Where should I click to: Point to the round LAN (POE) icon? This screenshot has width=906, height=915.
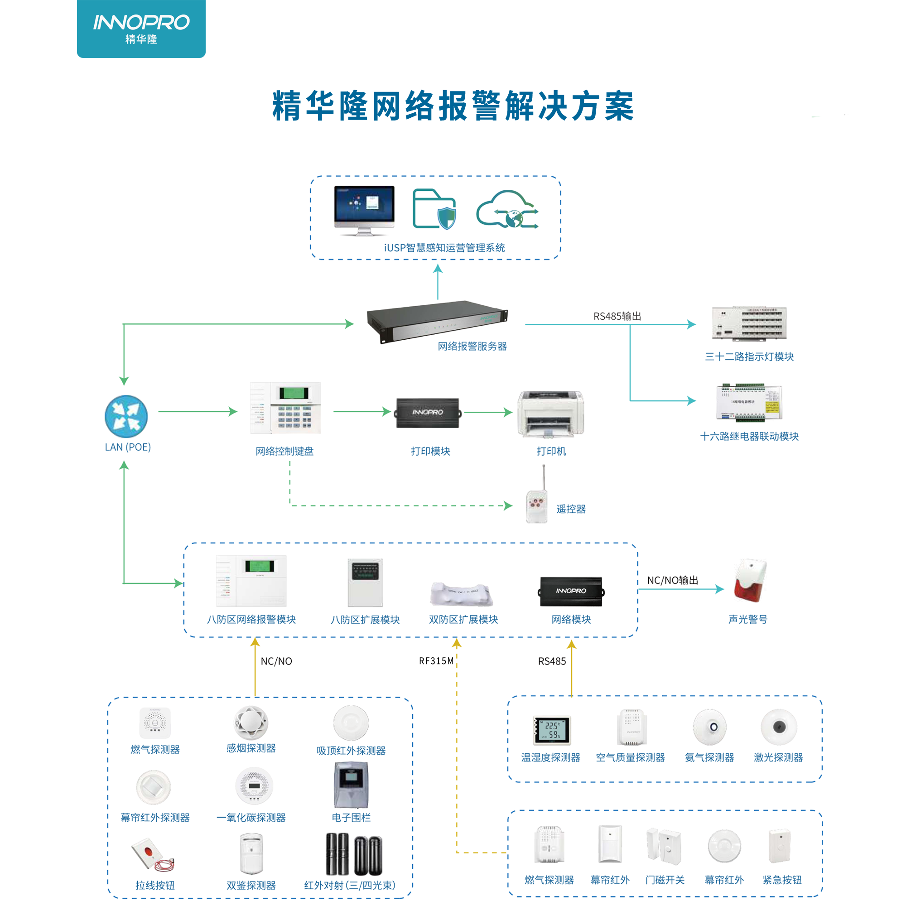tap(126, 417)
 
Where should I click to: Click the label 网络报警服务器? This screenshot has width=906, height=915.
tap(472, 347)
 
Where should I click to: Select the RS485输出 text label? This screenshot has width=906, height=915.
tap(617, 316)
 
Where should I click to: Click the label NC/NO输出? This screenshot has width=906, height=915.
tap(673, 581)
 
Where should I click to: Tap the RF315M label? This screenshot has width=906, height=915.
tap(436, 661)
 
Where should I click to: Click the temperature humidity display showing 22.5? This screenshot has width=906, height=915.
tap(552, 730)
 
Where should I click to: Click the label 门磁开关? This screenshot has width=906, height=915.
tap(665, 881)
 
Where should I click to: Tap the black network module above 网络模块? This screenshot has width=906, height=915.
tap(571, 592)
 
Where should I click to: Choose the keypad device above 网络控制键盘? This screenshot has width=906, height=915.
tap(285, 408)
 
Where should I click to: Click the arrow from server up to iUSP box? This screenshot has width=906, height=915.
tap(438, 282)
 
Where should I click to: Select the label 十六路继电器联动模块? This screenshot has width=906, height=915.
tap(749, 437)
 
